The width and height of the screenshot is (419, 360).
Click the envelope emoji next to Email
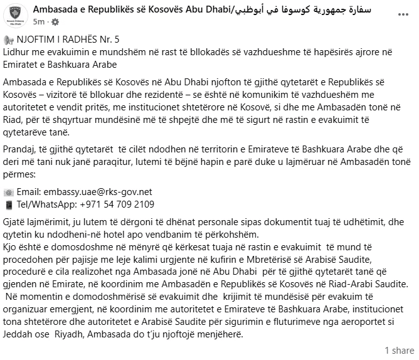tap(9, 191)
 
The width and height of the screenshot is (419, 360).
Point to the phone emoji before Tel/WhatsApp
tap(9, 204)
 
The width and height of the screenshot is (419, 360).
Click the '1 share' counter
tap(399, 350)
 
